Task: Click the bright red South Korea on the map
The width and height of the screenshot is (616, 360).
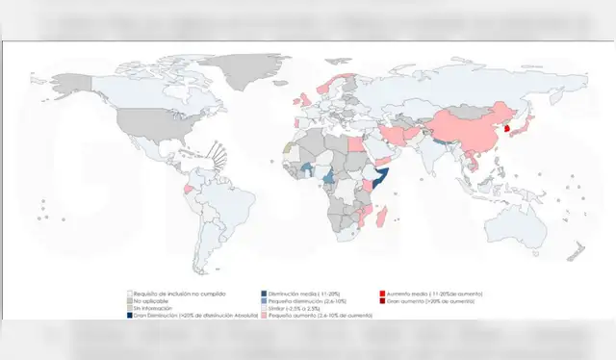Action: click(508, 128)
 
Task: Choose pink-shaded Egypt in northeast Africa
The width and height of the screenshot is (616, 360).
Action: click(354, 145)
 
